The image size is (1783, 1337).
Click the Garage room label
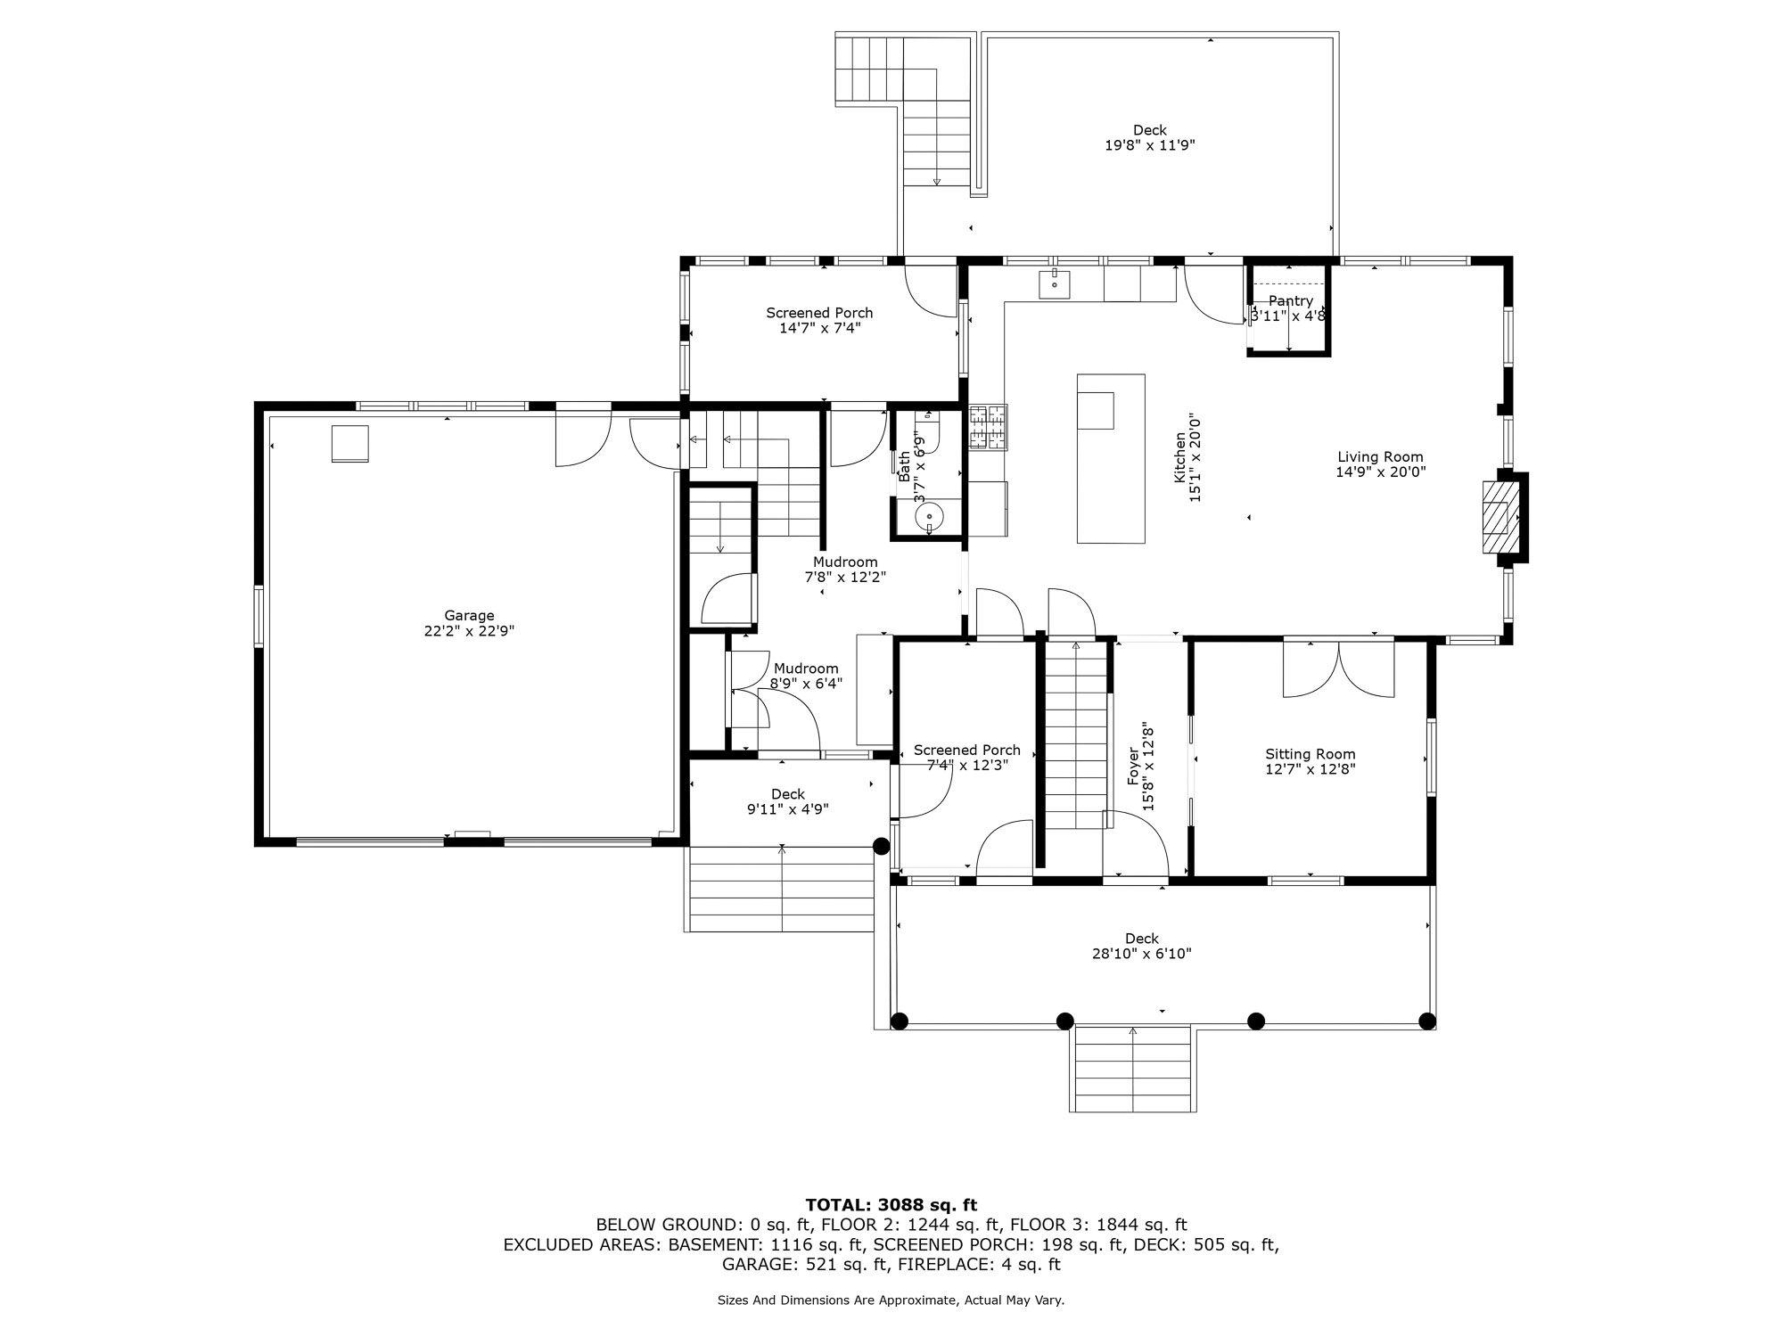coord(470,615)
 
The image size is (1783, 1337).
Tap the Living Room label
coord(1380,457)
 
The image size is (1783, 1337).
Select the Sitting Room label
coord(1311,754)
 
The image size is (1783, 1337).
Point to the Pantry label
coord(1291,301)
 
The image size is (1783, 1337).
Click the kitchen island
coord(1111,458)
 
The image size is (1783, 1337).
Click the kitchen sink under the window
coord(1054,283)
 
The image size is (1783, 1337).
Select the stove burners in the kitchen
coord(988,426)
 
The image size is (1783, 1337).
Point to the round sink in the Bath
coord(929,515)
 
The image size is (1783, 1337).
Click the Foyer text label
coord(1133,767)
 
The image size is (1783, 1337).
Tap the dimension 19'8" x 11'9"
coord(1150,145)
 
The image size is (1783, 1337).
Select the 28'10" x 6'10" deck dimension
coord(1142,954)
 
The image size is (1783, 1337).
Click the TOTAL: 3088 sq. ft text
coord(891,1206)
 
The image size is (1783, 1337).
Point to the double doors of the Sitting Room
coord(1339,668)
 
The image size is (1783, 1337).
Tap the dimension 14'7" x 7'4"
coord(819,328)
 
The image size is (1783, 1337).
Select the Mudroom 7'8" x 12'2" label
coord(845,570)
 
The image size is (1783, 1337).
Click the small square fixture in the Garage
coord(350,444)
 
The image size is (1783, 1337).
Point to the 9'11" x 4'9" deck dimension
coord(788,809)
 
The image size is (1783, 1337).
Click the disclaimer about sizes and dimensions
coord(891,1300)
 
